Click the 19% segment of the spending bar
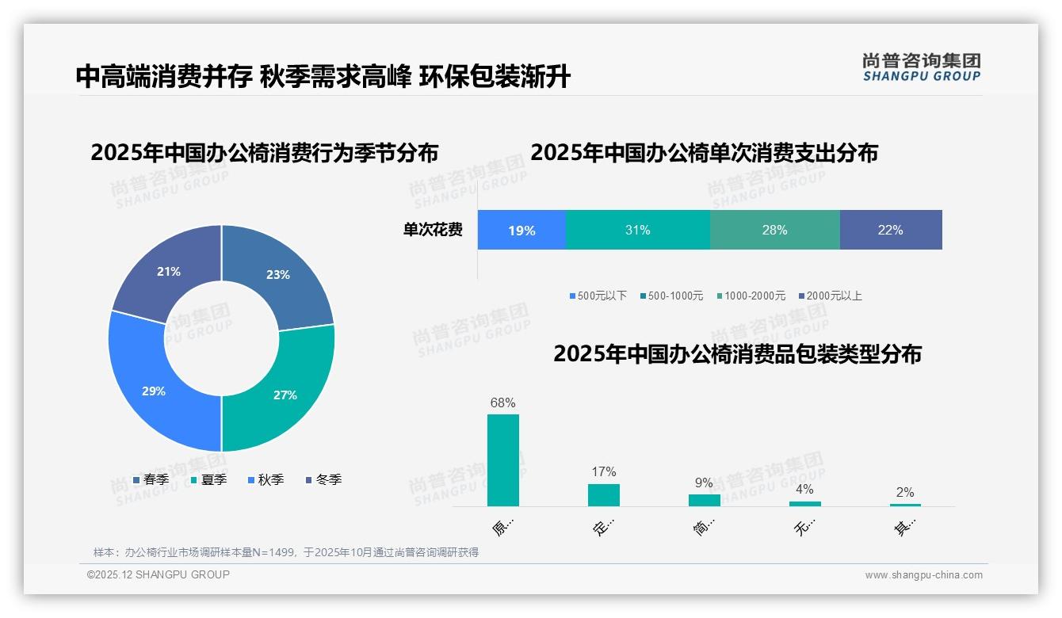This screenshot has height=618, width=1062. tap(521, 231)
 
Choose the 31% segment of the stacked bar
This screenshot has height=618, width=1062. tap(638, 231)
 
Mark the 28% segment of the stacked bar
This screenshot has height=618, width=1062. tap(775, 231)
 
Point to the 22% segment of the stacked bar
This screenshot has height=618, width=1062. tap(891, 231)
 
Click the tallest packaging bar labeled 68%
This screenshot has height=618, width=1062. tap(503, 460)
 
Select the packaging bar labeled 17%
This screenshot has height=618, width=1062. tap(603, 495)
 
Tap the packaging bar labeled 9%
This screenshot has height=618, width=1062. tap(704, 500)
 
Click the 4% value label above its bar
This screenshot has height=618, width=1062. tap(804, 489)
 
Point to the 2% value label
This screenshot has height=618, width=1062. tap(905, 492)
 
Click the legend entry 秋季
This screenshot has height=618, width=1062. tap(270, 479)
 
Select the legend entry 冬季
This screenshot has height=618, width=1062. tap(328, 479)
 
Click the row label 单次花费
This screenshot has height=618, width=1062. tap(433, 231)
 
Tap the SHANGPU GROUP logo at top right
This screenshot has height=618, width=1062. tap(922, 67)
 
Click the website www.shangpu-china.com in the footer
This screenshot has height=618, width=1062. tap(923, 575)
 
